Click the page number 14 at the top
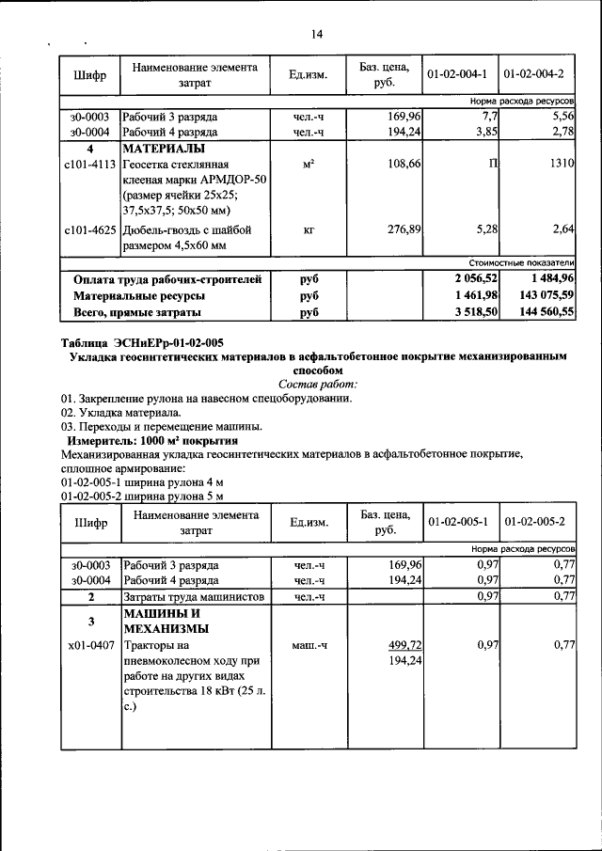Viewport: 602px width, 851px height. (x=317, y=35)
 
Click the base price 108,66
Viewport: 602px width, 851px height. (x=404, y=165)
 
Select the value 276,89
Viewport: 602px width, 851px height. (x=404, y=229)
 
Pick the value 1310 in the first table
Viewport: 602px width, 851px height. (x=561, y=165)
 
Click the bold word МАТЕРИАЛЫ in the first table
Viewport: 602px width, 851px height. (x=163, y=149)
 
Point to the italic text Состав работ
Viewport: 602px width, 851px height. (x=318, y=385)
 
